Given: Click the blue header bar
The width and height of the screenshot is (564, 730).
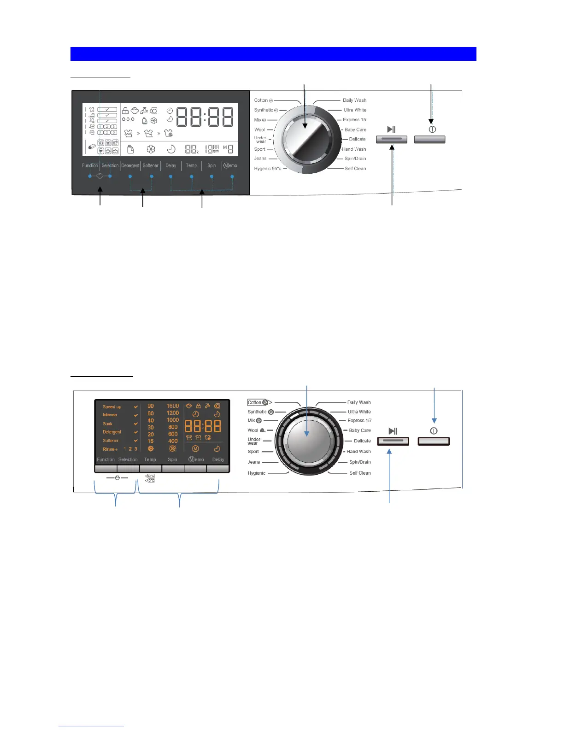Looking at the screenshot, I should [x=273, y=53].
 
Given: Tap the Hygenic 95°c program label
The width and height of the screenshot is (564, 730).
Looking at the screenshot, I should [x=267, y=169].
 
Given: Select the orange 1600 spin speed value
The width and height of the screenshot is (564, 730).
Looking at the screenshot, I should [x=173, y=406].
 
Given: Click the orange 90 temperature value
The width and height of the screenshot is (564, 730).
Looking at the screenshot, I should [x=151, y=406].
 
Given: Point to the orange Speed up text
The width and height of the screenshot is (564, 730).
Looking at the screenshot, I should [x=112, y=407].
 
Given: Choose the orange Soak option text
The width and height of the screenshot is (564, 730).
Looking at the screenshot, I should [x=107, y=424].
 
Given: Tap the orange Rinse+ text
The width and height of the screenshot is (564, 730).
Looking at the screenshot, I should [x=110, y=449].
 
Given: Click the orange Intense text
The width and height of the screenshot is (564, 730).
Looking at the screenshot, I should [x=110, y=415].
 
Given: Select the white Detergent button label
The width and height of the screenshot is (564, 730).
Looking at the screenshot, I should [x=130, y=165].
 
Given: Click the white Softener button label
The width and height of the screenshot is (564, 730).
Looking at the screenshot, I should [x=151, y=165].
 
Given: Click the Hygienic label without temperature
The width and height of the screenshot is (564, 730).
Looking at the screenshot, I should [x=256, y=473].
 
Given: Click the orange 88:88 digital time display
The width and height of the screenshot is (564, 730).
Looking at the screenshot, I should [x=203, y=426].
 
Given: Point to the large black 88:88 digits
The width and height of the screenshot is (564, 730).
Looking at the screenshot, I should [x=205, y=117].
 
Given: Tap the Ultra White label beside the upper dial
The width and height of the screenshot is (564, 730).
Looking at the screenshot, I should [x=355, y=110].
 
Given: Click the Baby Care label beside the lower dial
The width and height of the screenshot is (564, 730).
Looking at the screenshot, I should [x=359, y=430].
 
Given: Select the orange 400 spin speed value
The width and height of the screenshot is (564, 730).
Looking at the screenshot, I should [x=173, y=441].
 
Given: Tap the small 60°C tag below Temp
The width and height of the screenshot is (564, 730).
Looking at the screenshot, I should [x=150, y=476].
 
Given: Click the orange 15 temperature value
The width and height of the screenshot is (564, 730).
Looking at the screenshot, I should [x=151, y=441].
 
